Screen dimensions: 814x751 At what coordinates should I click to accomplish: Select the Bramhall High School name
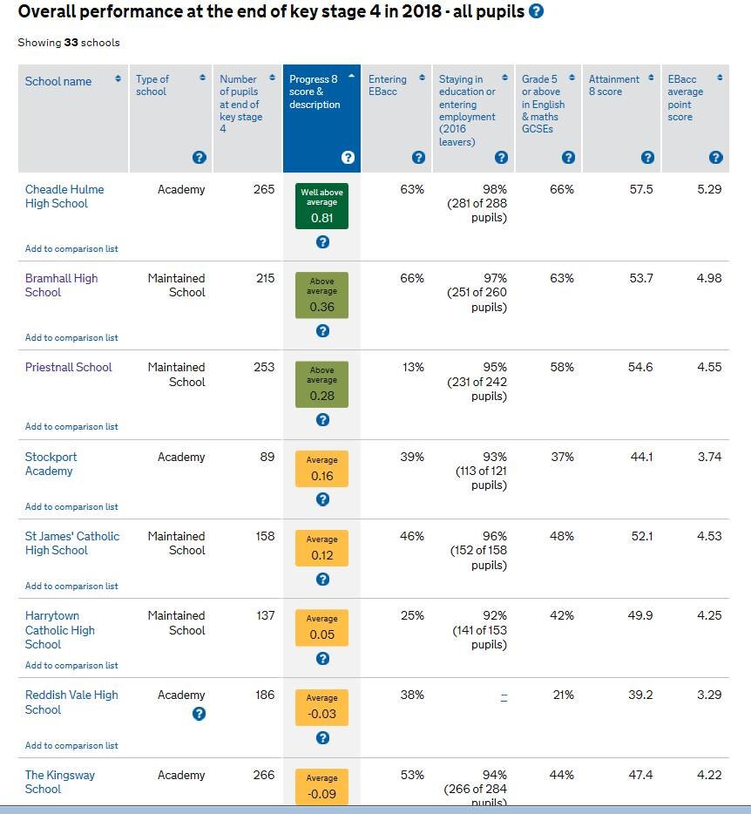[x=61, y=285]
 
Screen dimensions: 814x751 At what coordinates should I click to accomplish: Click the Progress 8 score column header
[x=315, y=92]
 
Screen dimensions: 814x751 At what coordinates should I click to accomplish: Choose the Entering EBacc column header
[x=388, y=85]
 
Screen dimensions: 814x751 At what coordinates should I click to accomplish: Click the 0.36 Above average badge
[x=321, y=295]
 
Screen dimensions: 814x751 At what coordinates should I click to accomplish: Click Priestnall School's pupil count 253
[x=264, y=367]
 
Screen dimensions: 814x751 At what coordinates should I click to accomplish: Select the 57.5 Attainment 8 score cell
[x=640, y=189]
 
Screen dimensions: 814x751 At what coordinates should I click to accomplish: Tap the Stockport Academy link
[x=51, y=464]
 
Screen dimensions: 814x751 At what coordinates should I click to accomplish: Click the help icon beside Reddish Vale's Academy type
[x=199, y=714]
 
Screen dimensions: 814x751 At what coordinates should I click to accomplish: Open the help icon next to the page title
[x=537, y=11]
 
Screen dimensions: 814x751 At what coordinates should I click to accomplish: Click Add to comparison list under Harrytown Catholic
[x=71, y=666]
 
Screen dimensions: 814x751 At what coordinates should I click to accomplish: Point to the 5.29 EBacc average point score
[x=709, y=189]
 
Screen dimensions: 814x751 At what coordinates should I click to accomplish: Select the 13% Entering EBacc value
[x=412, y=367]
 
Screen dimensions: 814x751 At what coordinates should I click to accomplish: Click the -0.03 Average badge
[x=321, y=708]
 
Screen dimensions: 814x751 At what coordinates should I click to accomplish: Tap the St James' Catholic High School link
[x=72, y=543]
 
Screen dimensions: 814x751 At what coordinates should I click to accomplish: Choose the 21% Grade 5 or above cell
[x=562, y=695]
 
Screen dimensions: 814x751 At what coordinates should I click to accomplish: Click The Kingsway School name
[x=59, y=782]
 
